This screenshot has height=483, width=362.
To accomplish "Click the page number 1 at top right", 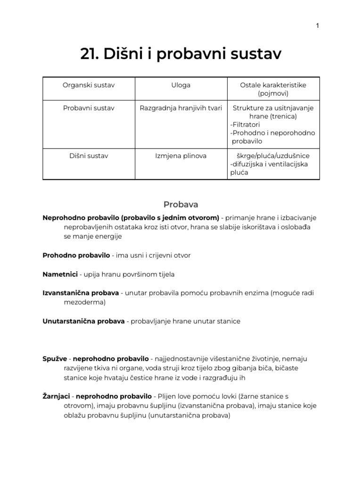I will coord(318,25).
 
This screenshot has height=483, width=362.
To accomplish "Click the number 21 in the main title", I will coord(88,55).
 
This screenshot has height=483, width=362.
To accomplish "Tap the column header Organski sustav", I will coord(89,85).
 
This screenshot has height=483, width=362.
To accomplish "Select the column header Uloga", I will coord(181,85).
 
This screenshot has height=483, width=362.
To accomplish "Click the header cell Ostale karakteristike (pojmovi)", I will coord(273,89).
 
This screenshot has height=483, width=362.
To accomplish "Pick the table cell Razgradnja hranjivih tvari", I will coord(181,108).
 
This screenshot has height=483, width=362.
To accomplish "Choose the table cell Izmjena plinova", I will coord(181,156).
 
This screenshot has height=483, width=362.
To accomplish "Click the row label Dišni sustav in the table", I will coord(89,156).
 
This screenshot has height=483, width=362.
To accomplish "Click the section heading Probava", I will coord(181,204).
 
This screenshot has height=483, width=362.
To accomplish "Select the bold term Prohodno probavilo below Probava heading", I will coord(76,255).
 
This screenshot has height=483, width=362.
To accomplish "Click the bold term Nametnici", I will coord(60,274).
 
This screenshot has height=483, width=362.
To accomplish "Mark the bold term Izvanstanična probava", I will coord(81,293).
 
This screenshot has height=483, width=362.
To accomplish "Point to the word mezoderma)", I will coord(85,302).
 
